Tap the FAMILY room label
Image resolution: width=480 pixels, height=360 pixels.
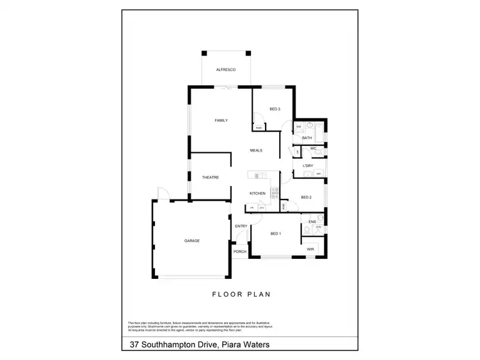(221, 120)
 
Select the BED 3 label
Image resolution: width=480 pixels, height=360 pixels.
(275, 110)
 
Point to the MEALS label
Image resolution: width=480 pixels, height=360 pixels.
(257, 150)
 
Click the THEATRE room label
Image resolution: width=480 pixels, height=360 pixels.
(211, 177)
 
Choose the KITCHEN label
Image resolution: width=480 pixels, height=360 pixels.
(257, 193)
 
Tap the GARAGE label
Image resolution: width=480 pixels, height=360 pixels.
(192, 240)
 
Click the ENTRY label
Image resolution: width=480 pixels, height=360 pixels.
(241, 226)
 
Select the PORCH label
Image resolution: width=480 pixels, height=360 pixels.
(240, 251)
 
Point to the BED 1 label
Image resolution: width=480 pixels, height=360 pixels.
(276, 233)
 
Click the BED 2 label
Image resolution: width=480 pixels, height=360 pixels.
(306, 197)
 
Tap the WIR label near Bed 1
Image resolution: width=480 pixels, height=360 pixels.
(310, 249)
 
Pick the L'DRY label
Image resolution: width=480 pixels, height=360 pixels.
(307, 165)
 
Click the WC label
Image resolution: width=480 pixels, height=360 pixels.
(313, 149)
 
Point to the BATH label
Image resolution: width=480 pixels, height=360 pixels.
(307, 137)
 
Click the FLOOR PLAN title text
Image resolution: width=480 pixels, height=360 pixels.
(241, 295)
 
